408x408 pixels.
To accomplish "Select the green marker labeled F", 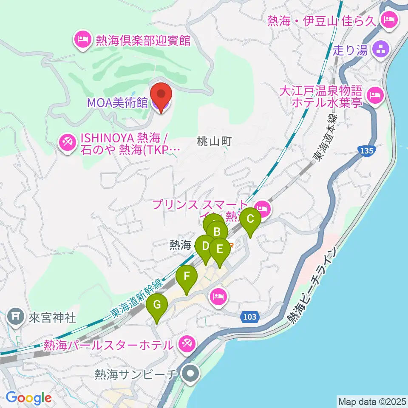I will (x=187, y=277).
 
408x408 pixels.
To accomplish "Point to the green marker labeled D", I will (x=205, y=247).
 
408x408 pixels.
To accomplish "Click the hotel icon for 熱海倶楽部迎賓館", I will (x=82, y=41).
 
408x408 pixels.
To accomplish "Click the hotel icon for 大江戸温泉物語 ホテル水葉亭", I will (x=374, y=94).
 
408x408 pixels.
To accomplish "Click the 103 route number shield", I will (x=250, y=316).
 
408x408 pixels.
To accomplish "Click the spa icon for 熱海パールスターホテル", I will (x=187, y=343).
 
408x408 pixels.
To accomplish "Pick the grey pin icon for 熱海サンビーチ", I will (x=190, y=374).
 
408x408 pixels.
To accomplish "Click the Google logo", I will (x=28, y=398).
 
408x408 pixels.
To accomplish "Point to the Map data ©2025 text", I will (x=371, y=401).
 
